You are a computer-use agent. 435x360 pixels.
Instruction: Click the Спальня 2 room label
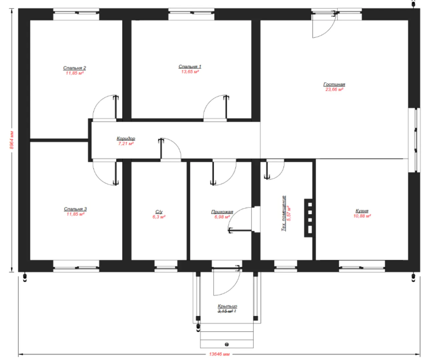[74, 68]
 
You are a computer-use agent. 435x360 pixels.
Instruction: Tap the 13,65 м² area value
[190, 72]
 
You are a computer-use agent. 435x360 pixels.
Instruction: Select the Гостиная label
[334, 84]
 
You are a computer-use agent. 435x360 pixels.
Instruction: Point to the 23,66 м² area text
[334, 89]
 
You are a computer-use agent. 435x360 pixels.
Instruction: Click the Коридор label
[126, 138]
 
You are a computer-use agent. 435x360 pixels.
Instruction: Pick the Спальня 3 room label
[75, 209]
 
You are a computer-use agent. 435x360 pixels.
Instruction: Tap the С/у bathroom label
[159, 212]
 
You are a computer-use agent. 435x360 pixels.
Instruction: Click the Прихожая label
[222, 212]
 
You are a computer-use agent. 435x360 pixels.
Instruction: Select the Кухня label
[362, 211]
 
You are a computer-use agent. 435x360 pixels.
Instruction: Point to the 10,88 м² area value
[362, 216]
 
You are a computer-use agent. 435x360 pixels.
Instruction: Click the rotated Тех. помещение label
[284, 213]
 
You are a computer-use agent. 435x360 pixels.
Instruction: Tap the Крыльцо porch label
[227, 306]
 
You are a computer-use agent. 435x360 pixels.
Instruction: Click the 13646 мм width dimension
[219, 354]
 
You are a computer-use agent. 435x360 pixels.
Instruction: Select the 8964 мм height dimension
[12, 140]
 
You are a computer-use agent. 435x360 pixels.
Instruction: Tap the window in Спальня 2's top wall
[76, 14]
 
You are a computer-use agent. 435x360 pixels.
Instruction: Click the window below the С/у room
[166, 266]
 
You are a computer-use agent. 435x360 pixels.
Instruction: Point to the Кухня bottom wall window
[362, 266]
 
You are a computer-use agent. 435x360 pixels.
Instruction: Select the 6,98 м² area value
[222, 217]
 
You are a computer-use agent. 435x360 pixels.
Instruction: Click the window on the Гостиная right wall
[414, 140]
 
